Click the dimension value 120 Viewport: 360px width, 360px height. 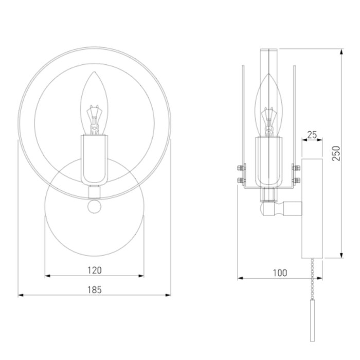tap(94, 270)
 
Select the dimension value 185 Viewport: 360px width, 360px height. tap(94, 290)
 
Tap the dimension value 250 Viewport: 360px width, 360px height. tap(336, 153)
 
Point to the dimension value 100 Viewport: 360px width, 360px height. tap(280, 273)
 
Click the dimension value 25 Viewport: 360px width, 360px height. tap(312, 135)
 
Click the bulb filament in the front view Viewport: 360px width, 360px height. tap(94, 119)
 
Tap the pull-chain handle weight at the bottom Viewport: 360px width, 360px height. tap(312, 320)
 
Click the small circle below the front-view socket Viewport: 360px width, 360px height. tap(94, 207)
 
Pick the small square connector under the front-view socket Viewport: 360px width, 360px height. tap(94, 192)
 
